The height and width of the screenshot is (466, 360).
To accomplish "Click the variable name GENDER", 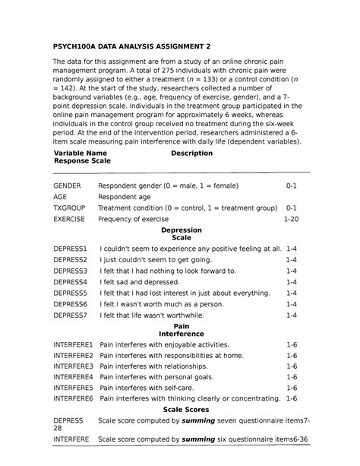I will [66, 185].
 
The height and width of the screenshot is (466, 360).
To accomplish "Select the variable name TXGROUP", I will [69, 208].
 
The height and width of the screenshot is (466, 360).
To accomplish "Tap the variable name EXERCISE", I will [69, 219].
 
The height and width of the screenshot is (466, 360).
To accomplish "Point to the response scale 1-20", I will [291, 219].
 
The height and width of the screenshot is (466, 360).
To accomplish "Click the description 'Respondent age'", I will [125, 197].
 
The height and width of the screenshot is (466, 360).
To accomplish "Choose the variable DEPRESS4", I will [71, 281].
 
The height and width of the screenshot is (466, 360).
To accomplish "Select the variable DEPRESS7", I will [71, 314].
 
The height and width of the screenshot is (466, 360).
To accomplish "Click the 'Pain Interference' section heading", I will [181, 329].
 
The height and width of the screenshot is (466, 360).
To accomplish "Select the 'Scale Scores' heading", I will [181, 409].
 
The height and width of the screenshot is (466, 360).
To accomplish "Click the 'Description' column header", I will [191, 154].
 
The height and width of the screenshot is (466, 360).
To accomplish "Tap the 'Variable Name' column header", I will [80, 154].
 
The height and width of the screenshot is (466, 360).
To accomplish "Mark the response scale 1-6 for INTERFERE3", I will [292, 366].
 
